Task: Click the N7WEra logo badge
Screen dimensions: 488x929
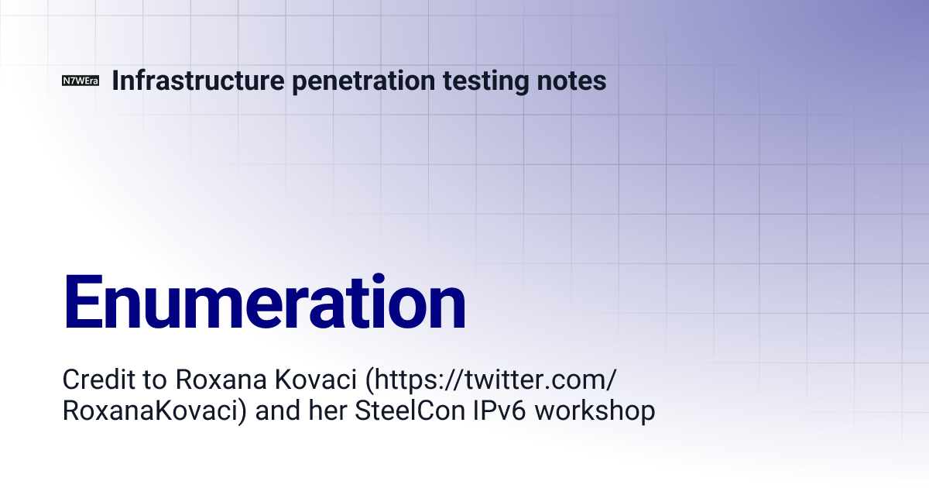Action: (81, 81)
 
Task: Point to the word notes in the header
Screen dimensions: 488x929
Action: (574, 81)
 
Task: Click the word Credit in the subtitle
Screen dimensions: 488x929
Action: (94, 380)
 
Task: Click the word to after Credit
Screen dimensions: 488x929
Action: (150, 380)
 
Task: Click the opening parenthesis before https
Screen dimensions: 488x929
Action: (370, 380)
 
